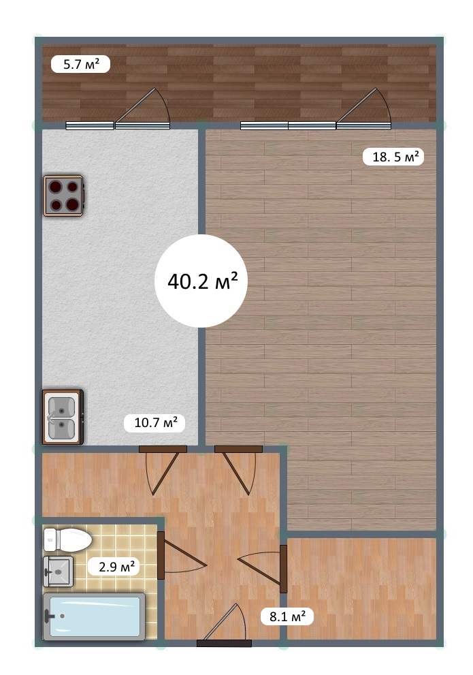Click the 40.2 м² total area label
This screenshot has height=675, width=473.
(202, 281)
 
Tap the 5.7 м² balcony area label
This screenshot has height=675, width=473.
(81, 64)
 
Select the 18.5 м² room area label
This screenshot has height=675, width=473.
(393, 156)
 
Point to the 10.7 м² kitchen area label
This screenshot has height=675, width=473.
(154, 423)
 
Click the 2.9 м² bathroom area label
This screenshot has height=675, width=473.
(116, 567)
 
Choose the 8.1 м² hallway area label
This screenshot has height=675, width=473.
(287, 616)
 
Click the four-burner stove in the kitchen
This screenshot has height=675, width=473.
(63, 195)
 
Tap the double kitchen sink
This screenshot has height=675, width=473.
(63, 417)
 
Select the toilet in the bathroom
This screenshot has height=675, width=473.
(67, 540)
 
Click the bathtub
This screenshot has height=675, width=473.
(94, 616)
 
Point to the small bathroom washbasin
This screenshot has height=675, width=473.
(58, 571)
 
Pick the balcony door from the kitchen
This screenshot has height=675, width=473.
(143, 108)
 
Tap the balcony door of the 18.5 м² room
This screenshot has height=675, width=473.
(364, 108)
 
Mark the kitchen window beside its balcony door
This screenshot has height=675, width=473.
(90, 126)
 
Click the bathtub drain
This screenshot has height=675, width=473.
(63, 616)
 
